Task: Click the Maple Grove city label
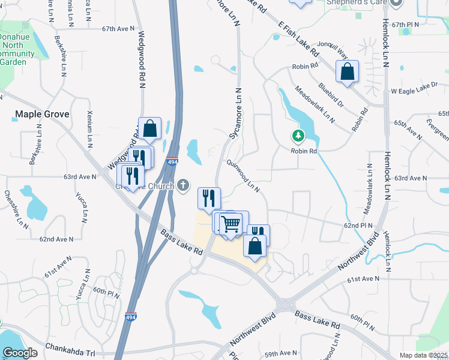(42, 114)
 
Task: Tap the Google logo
(20, 353)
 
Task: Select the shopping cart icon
(231, 224)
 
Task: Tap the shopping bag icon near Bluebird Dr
(347, 73)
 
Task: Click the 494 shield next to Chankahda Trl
(131, 316)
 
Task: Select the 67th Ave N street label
(116, 28)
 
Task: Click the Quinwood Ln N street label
(243, 175)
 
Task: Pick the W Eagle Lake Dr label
(414, 91)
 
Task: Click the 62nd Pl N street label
(358, 225)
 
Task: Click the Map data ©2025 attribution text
(424, 355)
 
